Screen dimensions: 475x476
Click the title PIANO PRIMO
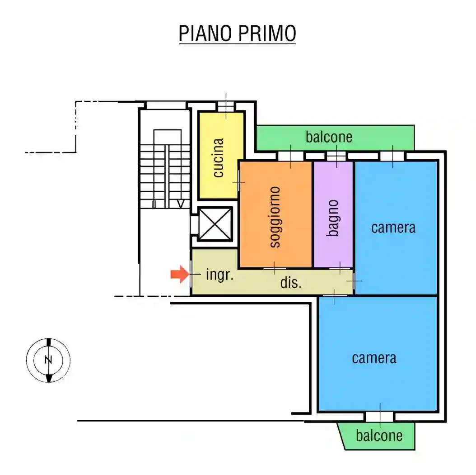[237, 33]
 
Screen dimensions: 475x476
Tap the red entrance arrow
[179, 274]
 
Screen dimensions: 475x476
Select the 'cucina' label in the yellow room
[219, 158]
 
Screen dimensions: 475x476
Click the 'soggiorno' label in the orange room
[275, 217]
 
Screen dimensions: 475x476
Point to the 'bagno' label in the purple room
[333, 218]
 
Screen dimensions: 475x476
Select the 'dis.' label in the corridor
[291, 283]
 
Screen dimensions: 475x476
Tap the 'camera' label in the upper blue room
[393, 227]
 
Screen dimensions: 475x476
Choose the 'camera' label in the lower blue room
[374, 358]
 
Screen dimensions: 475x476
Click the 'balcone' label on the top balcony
[329, 137]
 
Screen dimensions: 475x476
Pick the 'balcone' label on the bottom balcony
[379, 435]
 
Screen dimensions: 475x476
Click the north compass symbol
[48, 360]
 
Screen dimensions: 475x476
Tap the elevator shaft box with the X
[215, 223]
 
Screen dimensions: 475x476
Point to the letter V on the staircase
[181, 204]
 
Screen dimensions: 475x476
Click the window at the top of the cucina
[226, 106]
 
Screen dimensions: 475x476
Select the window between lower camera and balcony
[379, 417]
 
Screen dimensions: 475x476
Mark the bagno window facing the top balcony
[336, 156]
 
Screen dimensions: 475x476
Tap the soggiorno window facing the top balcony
[290, 156]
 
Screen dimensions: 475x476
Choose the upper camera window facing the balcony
[392, 156]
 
